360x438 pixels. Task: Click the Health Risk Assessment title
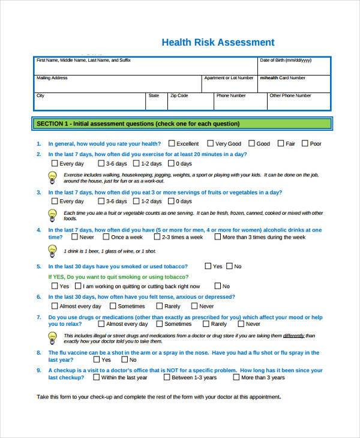[218, 43]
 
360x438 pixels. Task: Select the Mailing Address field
[118, 84]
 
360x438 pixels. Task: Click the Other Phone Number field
[298, 101]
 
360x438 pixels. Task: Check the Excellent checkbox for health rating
[172, 143]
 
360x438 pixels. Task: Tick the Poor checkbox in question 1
[305, 143]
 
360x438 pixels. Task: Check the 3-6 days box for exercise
[101, 163]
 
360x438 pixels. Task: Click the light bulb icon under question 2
[52, 176]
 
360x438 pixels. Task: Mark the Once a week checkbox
[106, 237]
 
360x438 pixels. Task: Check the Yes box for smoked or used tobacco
[208, 266]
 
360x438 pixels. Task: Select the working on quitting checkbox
[79, 286]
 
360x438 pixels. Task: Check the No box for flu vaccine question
[125, 360]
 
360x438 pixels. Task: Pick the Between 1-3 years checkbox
[166, 377]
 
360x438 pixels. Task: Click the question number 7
[38, 317]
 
